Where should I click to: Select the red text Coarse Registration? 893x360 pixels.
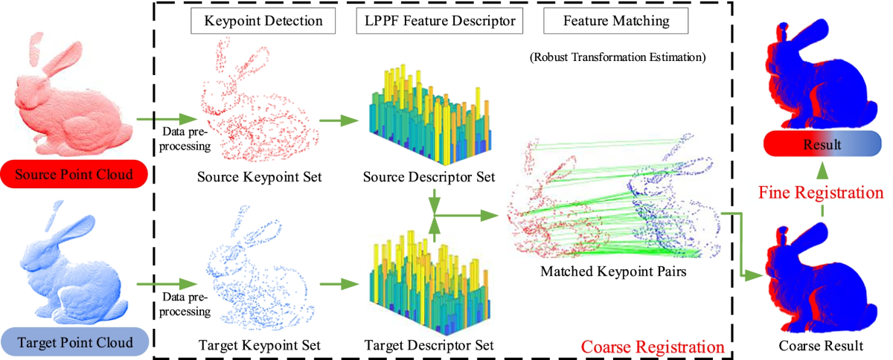click(651, 347)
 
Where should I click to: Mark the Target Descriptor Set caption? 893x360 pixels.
click(429, 345)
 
